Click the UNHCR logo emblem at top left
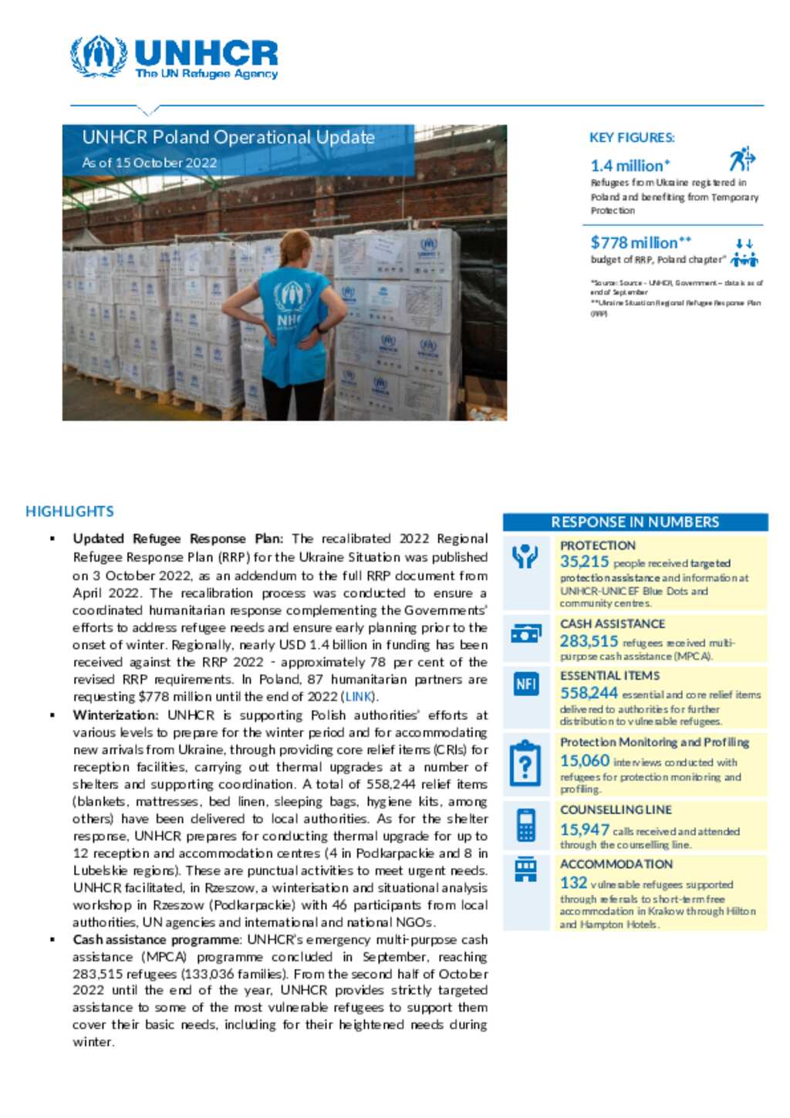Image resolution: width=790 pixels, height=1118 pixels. [x=99, y=56]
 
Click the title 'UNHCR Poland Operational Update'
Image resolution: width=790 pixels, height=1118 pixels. [x=228, y=137]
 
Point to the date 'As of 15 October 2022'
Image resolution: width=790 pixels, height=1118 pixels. [x=150, y=163]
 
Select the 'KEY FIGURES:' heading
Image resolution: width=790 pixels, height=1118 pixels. [x=632, y=137]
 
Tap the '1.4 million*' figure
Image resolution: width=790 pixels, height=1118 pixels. [x=630, y=165]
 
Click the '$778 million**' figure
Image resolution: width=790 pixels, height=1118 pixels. [x=640, y=242]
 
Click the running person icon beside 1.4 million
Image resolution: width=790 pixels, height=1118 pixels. [x=742, y=159]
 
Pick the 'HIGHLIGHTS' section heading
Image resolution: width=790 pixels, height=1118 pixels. [x=69, y=512]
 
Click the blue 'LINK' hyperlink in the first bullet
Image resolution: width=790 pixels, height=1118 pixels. [x=359, y=697]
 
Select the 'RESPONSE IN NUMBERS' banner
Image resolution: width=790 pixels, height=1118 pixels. [x=635, y=522]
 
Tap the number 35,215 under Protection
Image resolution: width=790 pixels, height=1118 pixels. [x=584, y=562]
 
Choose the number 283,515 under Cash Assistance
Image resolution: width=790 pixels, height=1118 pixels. [x=589, y=641]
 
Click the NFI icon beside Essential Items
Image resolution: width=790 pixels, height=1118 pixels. [x=526, y=684]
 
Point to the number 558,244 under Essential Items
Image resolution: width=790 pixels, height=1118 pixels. [x=589, y=694]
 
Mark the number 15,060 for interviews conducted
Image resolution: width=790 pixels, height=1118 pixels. [x=584, y=761]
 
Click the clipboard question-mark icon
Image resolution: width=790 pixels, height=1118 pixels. [x=526, y=763]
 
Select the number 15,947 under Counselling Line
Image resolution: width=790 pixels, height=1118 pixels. [x=584, y=829]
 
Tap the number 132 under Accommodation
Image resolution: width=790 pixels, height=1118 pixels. [x=573, y=883]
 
